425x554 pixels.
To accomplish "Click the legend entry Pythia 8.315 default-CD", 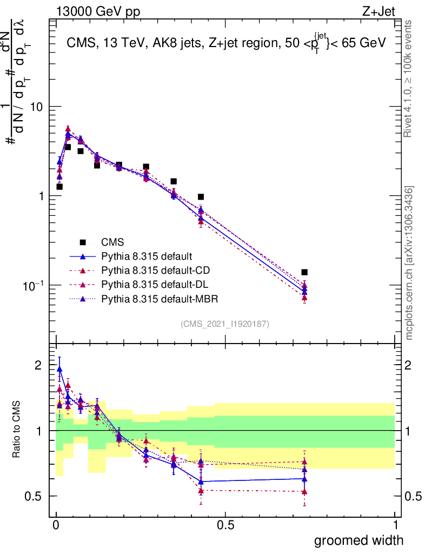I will point(148,270).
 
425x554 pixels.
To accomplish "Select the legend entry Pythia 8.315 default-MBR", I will point(151,298).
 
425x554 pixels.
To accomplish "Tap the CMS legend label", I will point(112,242).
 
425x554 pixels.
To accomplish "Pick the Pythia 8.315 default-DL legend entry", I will point(147,284).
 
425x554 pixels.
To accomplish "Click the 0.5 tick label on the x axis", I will point(225,525).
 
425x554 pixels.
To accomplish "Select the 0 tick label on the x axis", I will point(56,525).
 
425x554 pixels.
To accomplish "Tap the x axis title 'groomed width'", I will point(359,540).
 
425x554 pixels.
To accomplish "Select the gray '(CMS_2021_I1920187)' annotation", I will point(225,324).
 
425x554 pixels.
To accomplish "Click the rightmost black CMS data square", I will point(304,272).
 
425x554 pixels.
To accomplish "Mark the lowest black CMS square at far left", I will point(59,187).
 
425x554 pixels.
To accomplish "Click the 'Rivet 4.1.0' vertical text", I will point(409,78).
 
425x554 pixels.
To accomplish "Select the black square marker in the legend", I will point(83,242).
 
